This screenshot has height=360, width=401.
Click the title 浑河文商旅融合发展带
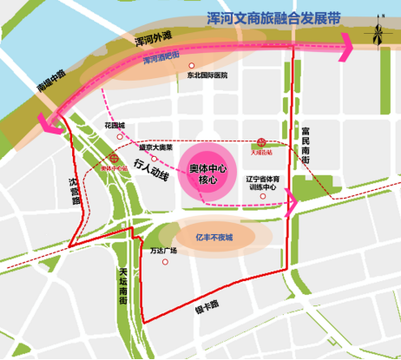[274, 17]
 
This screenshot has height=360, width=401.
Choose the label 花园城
[115, 125]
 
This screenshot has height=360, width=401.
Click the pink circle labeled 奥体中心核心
[208, 172]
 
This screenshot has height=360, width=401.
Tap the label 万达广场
[162, 252]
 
